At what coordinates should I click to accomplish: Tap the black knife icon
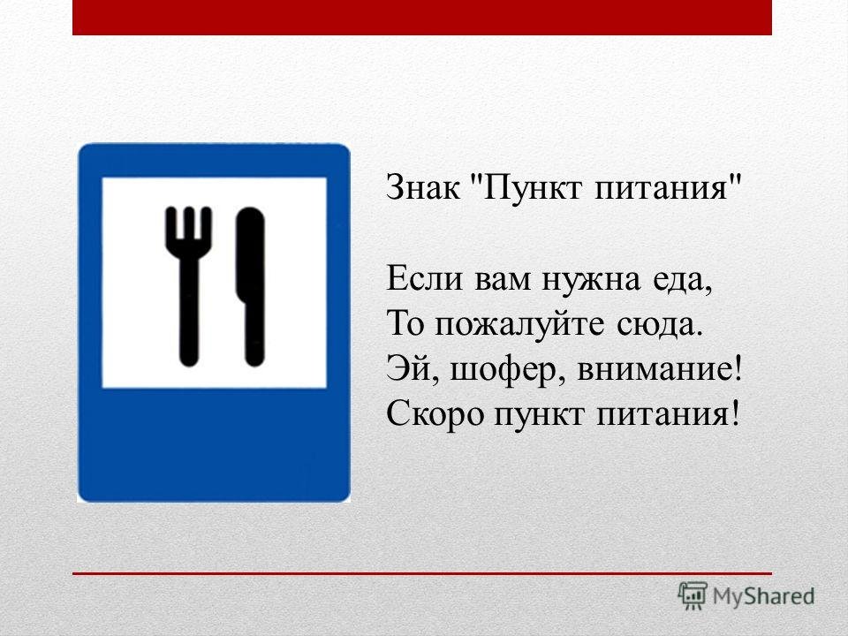[x=251, y=286]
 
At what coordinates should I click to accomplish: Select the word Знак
[x=423, y=187]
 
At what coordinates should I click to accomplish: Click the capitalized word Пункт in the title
[x=532, y=188]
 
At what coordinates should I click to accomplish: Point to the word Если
[x=425, y=279]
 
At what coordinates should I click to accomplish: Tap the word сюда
[x=658, y=326]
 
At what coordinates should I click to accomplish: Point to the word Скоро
[x=435, y=414]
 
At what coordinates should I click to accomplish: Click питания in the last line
[x=667, y=414]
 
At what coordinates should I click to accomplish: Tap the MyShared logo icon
[x=693, y=595]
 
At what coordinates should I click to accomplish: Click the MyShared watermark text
[x=763, y=596]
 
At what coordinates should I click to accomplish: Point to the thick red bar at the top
[x=422, y=18]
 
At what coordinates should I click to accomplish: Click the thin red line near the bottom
[x=422, y=573]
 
